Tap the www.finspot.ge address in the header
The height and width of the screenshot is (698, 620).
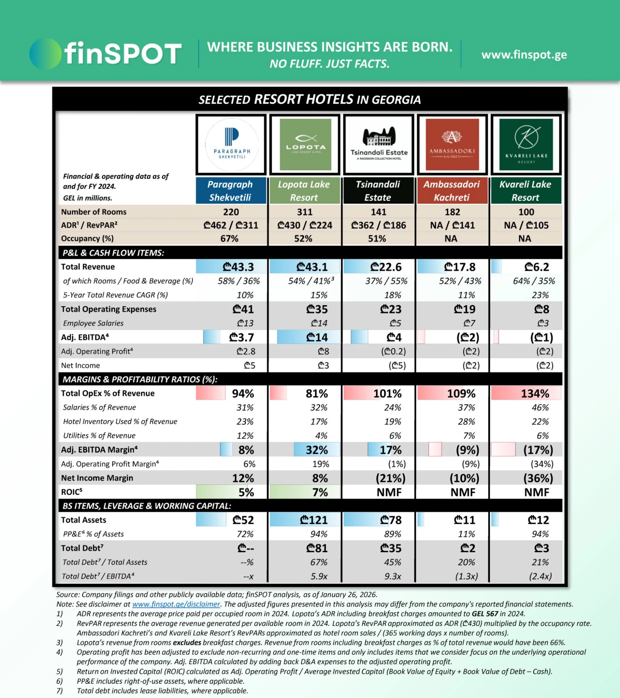pyautogui.click(x=524, y=55)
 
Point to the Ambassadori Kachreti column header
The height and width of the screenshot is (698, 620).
pyautogui.click(x=452, y=191)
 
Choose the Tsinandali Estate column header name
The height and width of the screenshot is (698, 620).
pyautogui.click(x=378, y=191)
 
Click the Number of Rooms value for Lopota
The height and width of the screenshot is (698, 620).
pyautogui.click(x=305, y=212)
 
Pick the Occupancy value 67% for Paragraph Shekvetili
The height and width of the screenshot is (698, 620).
pyautogui.click(x=229, y=238)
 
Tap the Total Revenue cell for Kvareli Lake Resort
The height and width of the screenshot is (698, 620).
pyautogui.click(x=536, y=267)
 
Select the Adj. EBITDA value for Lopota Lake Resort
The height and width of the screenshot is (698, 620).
pyautogui.click(x=317, y=337)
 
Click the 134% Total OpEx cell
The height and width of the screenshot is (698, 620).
pyautogui.click(x=535, y=394)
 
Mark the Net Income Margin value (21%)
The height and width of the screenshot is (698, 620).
pyautogui.click(x=390, y=478)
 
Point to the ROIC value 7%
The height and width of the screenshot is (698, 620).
pyautogui.click(x=320, y=492)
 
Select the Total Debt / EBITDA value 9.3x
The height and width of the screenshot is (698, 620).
pyautogui.click(x=393, y=576)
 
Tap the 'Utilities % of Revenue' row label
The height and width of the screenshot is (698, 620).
pyautogui.click(x=99, y=436)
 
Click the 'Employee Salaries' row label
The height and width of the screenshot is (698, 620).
pyautogui.click(x=93, y=323)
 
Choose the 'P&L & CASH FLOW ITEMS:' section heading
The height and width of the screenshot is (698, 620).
pyautogui.click(x=113, y=253)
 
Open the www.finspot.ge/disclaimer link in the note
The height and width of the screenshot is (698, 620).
pyautogui.click(x=176, y=604)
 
